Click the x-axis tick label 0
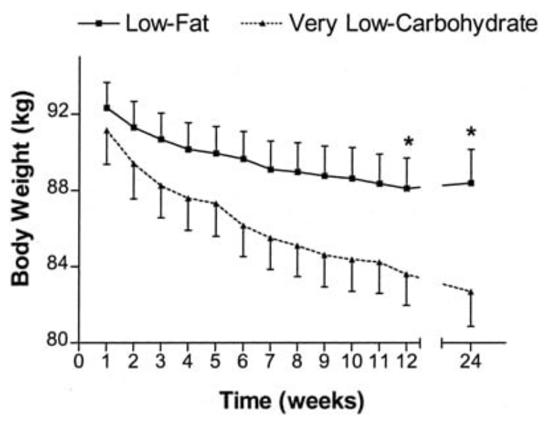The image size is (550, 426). coord(80,361)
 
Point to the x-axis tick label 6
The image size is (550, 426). coord(243,361)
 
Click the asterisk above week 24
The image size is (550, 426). coord(471,133)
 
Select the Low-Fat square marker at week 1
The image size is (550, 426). coord(107,107)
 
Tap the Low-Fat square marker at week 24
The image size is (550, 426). coord(471,183)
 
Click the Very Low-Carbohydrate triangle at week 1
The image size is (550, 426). coord(107,131)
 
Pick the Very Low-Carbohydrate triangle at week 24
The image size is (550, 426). coord(471,291)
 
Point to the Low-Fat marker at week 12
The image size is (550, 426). coord(407,188)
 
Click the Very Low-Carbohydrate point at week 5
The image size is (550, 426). coord(215,203)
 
